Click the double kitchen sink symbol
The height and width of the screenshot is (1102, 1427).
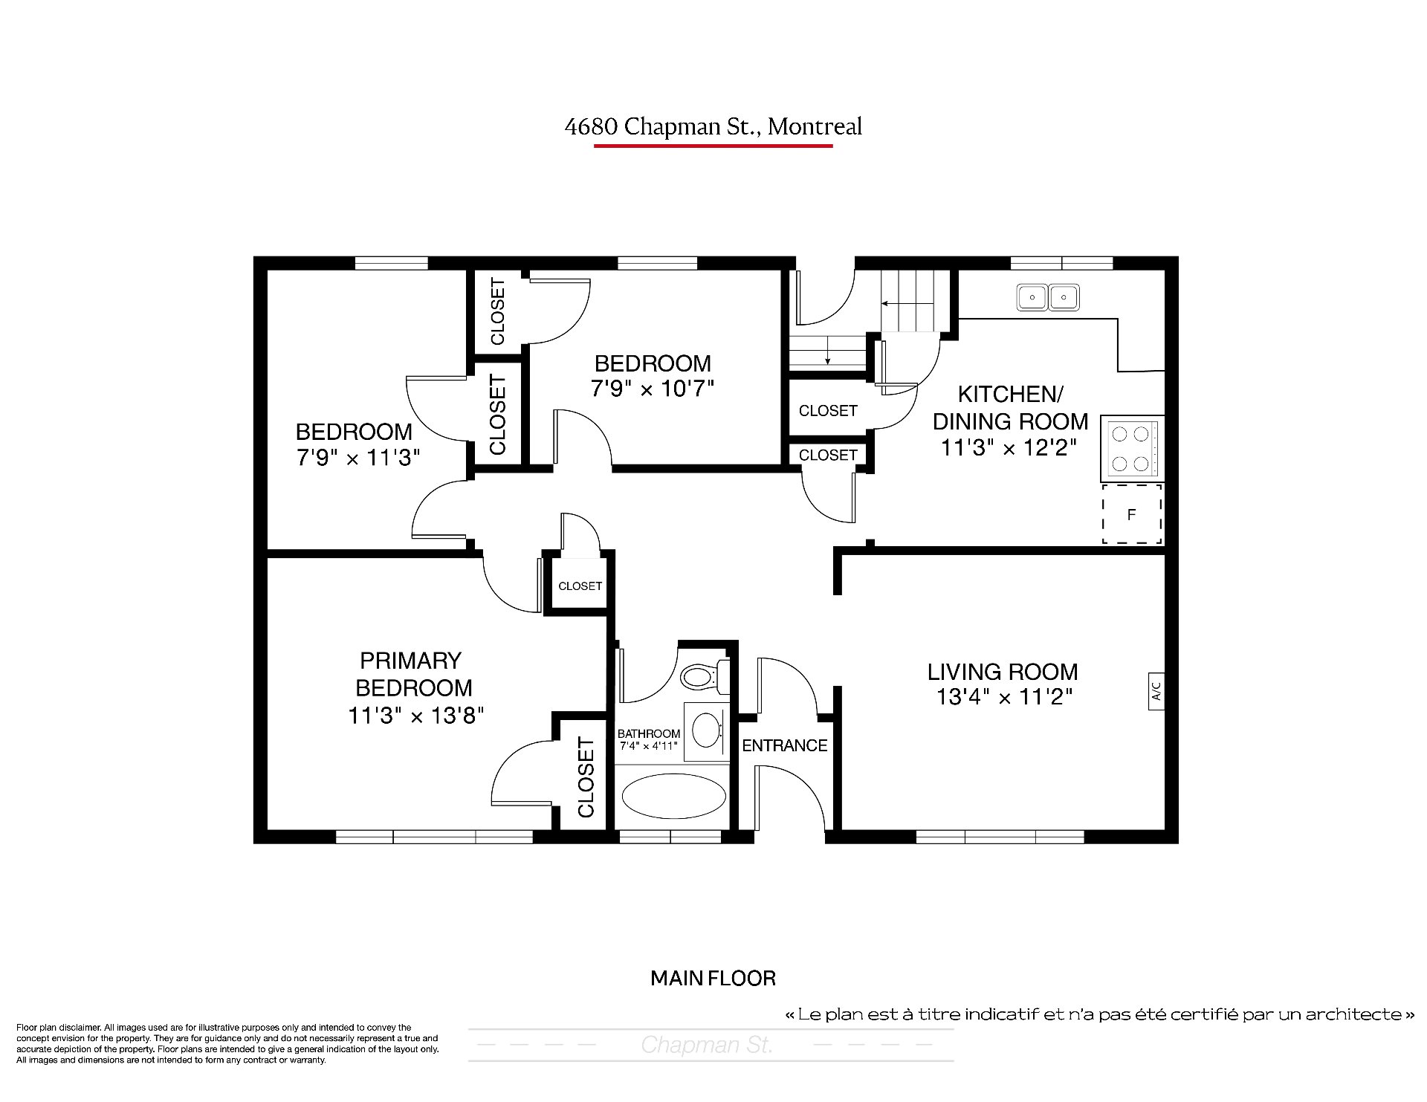1048,298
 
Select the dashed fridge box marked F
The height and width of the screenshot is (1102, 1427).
1132,514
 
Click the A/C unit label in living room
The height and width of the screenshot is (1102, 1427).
1156,691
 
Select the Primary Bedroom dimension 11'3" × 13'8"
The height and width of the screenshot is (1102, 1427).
416,716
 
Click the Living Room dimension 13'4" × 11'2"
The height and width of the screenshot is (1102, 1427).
1003,697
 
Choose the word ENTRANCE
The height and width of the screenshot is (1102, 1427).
785,745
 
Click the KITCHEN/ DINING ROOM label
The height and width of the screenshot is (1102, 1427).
1010,407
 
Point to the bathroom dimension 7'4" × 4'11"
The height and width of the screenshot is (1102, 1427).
648,745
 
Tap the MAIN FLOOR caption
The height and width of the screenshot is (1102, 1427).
713,978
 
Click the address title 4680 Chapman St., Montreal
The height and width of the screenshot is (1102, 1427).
713,127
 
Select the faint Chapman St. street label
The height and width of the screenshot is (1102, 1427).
707,1046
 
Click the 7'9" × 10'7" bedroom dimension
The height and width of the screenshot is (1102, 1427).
653,389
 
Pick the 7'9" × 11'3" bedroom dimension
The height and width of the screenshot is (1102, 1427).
358,457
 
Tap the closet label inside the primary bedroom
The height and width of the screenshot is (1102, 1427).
586,777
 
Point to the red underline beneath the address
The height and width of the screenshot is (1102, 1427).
713,146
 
